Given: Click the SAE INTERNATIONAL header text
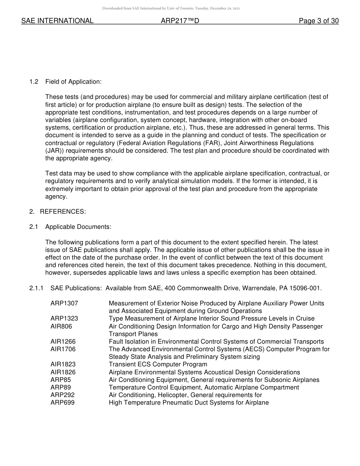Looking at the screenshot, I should [x=57, y=21].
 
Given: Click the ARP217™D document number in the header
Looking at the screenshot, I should [x=180, y=21].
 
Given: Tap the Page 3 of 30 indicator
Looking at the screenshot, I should [x=319, y=21].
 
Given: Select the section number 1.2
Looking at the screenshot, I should [x=34, y=82].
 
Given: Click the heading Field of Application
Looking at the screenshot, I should [x=73, y=82].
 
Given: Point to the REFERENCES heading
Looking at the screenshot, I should [x=63, y=212].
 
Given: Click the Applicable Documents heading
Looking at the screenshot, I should [x=78, y=227].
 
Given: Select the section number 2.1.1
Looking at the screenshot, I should [x=36, y=288].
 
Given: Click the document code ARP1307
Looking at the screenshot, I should [x=64, y=303].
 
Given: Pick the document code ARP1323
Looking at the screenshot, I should [x=64, y=319].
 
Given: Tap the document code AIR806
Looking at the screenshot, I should [x=61, y=326].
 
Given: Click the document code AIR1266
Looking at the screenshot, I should [x=63, y=342].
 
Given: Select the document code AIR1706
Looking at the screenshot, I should [x=63, y=349].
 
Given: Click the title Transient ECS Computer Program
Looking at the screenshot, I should [x=158, y=364].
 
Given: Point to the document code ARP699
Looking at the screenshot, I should [x=63, y=403].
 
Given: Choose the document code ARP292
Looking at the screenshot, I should [x=63, y=395].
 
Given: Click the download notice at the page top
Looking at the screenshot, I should [x=171, y=8].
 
